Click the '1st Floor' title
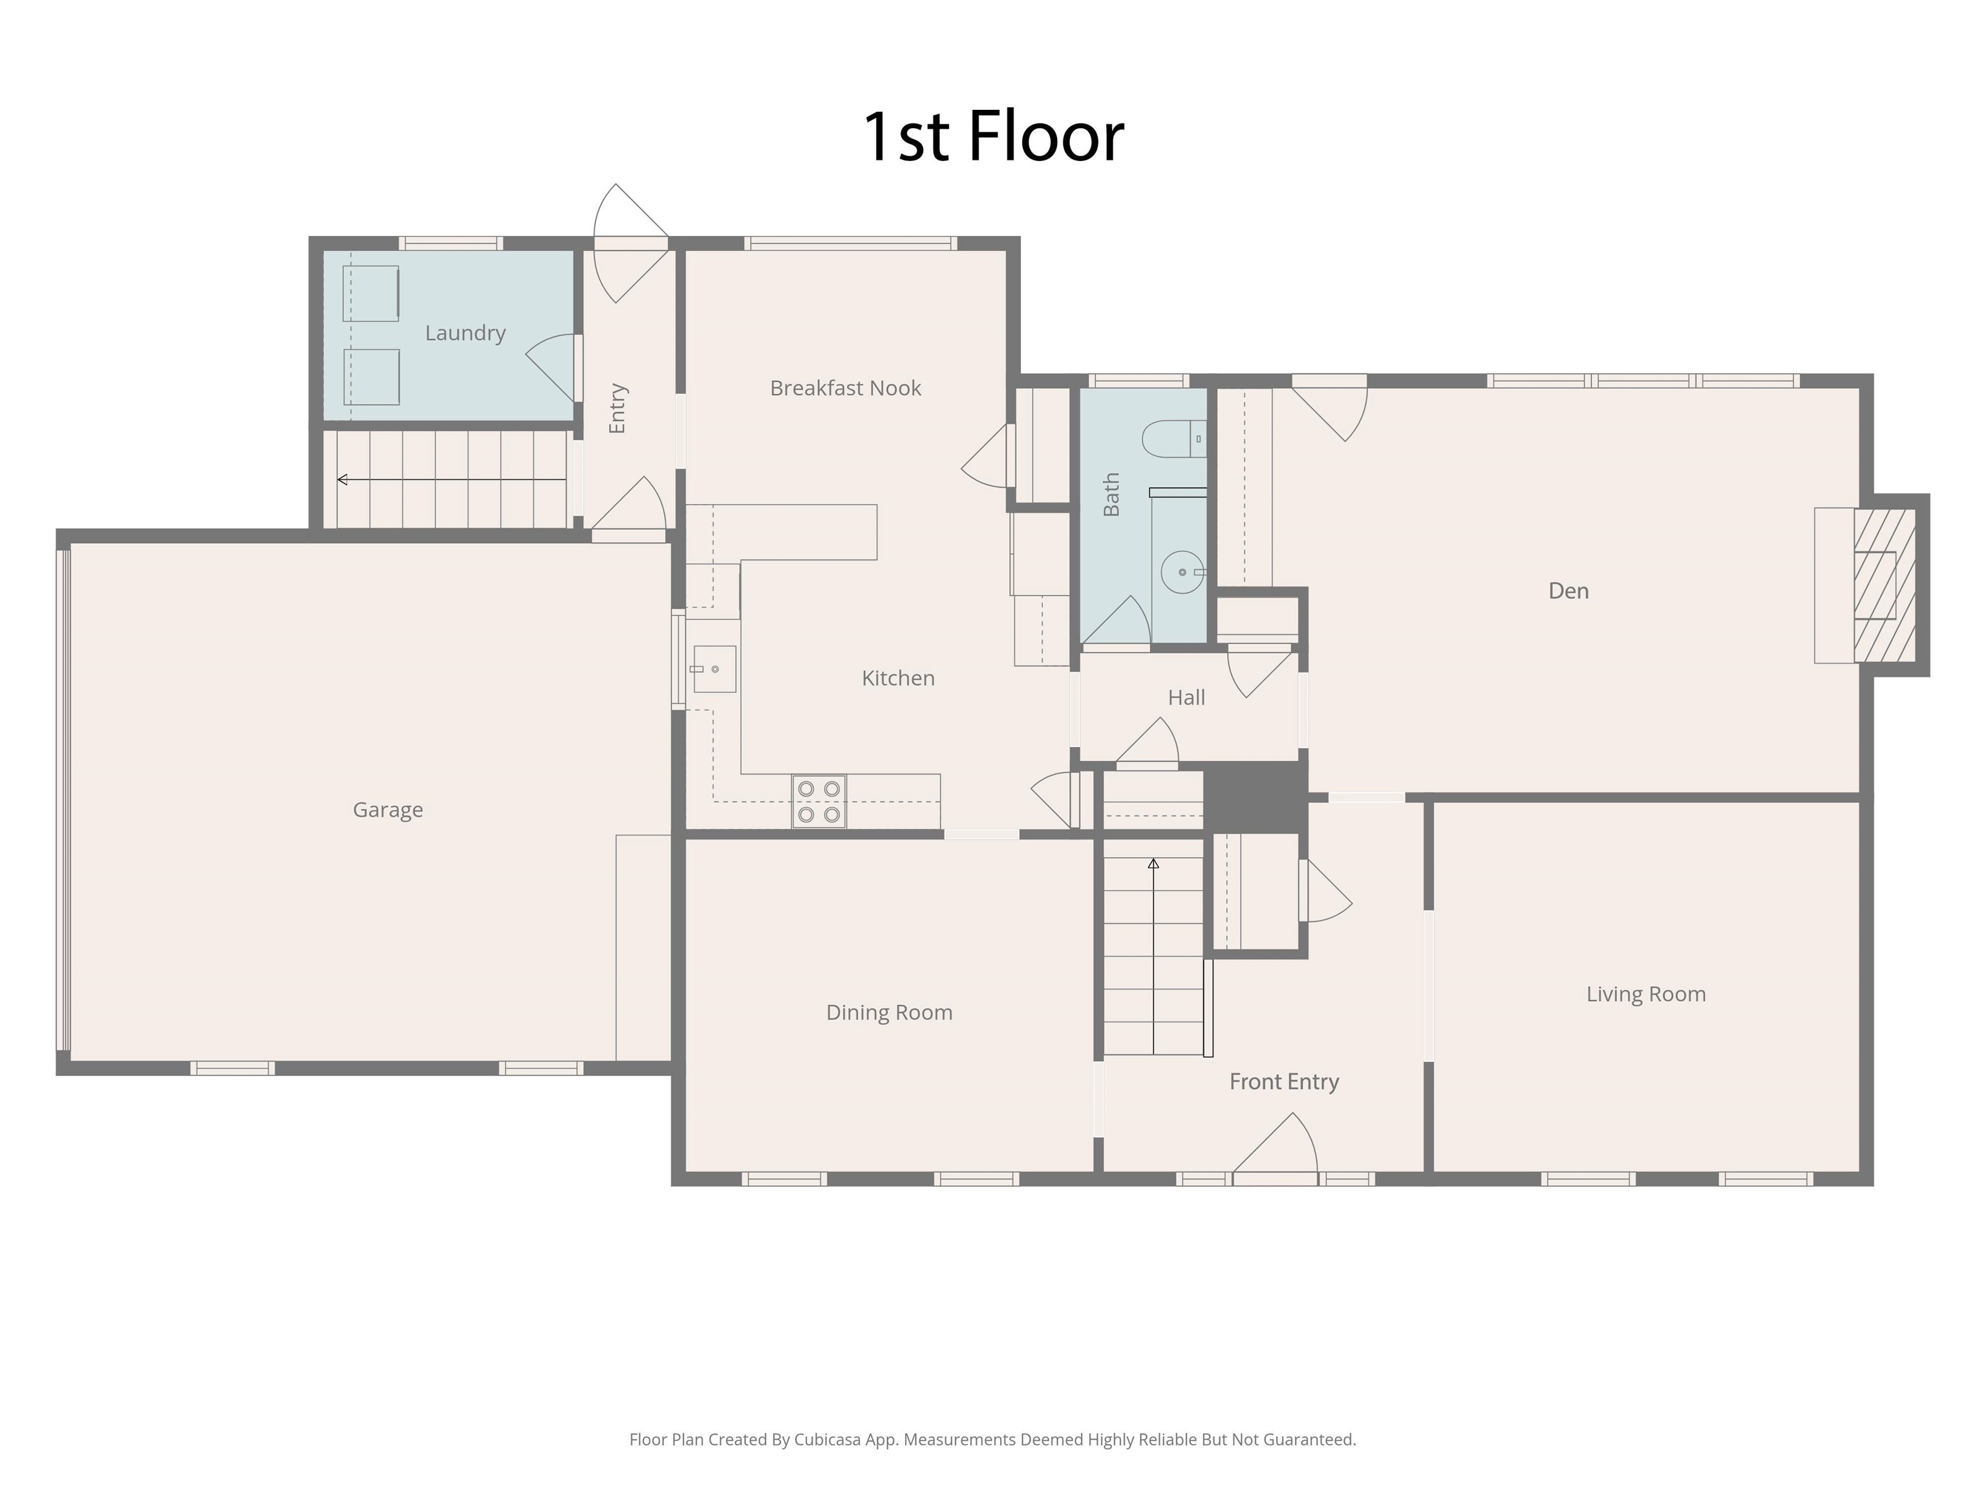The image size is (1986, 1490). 993,136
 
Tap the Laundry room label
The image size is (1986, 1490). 465,333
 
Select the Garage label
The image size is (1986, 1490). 388,810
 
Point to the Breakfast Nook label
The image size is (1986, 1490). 846,388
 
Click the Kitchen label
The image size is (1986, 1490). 898,678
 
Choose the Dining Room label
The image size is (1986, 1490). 889,1013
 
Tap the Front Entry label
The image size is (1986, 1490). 1284,1082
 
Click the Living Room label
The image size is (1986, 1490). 1646,994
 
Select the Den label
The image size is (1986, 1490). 1568,591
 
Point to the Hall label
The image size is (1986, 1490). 1186,698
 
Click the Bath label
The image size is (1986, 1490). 1111,495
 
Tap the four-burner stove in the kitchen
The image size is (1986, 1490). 819,801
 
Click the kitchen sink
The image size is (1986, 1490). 714,669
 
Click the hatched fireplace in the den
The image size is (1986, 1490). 1885,585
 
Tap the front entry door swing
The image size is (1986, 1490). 1276,1143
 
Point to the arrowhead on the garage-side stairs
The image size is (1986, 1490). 342,480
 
